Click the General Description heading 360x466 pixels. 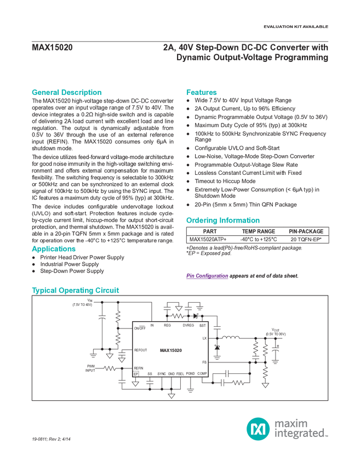coord(67,92)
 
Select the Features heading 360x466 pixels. coord(202,92)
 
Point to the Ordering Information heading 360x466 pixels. coord(222,220)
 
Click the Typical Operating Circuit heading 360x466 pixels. coord(76,289)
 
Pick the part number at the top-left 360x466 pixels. coord(52,47)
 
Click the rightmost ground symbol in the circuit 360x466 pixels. coord(266,385)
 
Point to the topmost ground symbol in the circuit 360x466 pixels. coord(178,309)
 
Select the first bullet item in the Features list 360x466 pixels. coord(247,101)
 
